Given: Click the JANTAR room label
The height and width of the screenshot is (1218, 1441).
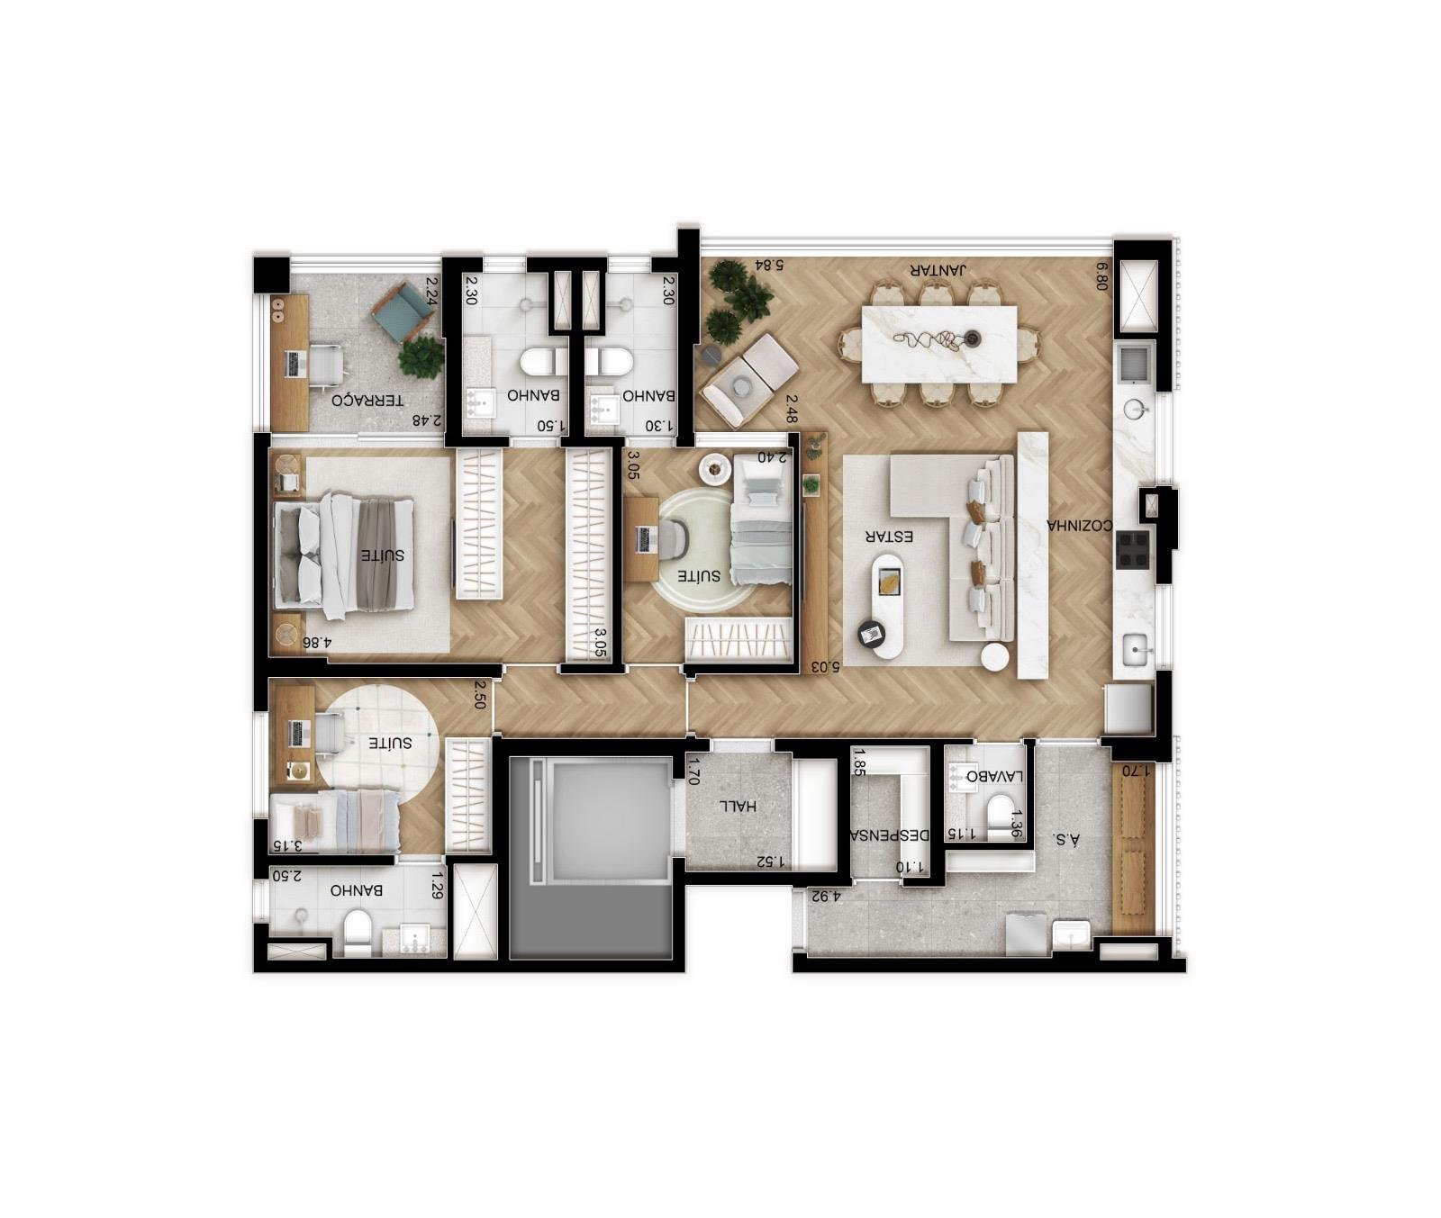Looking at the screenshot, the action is click(938, 269).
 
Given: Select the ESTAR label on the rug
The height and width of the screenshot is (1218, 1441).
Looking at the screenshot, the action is click(890, 536).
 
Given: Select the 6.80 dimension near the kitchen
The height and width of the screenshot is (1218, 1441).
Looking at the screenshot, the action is click(1102, 275).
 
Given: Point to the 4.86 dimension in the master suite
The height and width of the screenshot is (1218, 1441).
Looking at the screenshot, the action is click(317, 643).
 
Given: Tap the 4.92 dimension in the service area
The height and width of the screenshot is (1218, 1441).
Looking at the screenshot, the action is click(825, 896).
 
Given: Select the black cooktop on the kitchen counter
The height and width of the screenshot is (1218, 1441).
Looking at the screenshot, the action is click(1133, 550).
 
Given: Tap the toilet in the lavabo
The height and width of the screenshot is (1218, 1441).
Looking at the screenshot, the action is click(1000, 815).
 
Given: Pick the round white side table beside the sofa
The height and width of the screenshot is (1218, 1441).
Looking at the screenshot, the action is click(995, 657).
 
